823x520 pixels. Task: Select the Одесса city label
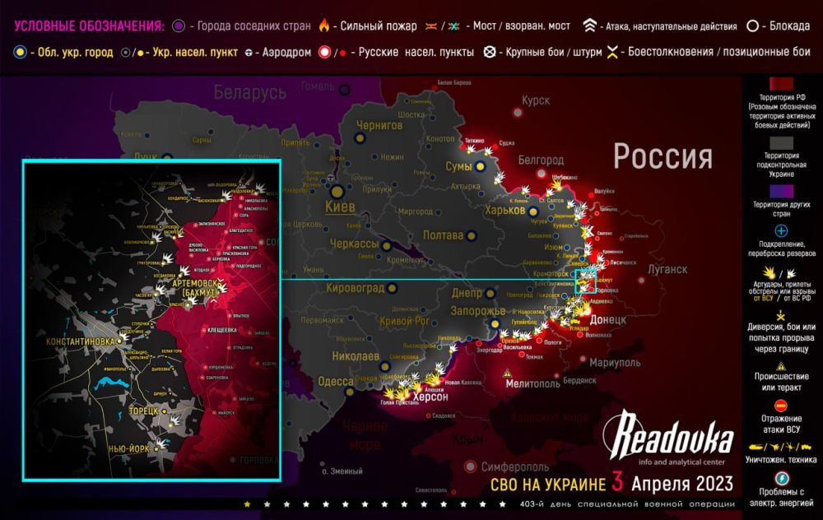coord(335,381)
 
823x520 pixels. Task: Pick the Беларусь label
coord(250,93)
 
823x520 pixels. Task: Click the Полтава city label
coord(443,235)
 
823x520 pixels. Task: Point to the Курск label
coord(536,100)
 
